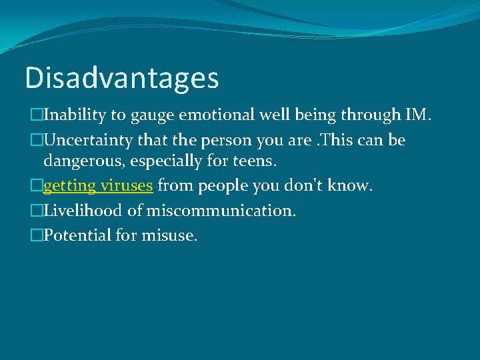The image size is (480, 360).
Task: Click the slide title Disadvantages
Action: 121,77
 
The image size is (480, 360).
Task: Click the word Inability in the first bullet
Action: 75,115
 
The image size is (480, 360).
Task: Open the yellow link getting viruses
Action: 98,186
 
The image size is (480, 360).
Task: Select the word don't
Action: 303,185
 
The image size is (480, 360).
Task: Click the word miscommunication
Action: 221,211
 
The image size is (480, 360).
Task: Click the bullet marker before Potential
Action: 36,236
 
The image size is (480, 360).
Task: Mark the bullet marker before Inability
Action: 36,115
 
